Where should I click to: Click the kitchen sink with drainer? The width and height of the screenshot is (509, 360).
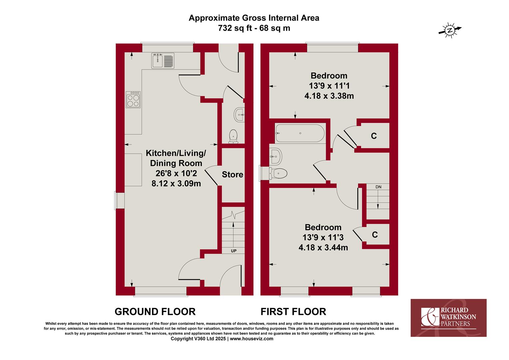163,60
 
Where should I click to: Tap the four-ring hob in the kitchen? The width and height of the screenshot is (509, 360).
133,100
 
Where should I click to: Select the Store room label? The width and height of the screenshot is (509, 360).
233,174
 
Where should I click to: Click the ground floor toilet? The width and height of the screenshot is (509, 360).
234,136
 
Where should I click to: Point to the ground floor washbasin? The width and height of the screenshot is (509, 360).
239,115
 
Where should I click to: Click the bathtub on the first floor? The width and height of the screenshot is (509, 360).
300,133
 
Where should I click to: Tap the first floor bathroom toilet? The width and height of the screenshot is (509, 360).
278,174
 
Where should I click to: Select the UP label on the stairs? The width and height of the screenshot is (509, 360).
234,251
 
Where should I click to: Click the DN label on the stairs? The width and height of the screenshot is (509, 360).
378,187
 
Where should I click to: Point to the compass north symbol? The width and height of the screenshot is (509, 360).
449,30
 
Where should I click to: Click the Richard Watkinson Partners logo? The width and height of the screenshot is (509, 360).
449,318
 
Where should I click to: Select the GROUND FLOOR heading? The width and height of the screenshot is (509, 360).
155,312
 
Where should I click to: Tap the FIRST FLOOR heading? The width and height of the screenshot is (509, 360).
293,312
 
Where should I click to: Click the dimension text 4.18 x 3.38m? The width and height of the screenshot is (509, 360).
329,96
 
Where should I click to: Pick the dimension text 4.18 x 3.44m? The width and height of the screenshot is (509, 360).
323,247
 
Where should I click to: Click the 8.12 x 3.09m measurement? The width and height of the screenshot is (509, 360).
176,184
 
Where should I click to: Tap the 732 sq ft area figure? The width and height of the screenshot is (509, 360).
235,28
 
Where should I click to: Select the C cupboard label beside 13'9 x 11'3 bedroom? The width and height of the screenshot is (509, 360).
375,234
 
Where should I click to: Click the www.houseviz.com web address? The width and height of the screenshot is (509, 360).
252,339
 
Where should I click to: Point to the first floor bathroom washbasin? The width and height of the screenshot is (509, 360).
275,156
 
